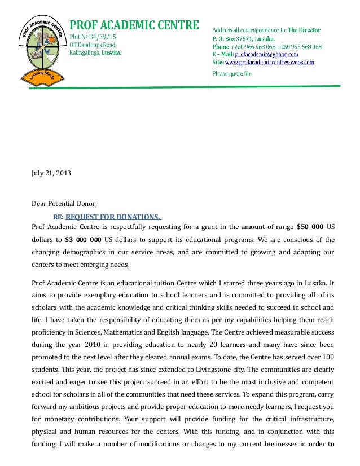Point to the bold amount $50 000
310,227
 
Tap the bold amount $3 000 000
84,239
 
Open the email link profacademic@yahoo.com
258,54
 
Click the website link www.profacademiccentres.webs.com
270,63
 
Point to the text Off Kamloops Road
93,44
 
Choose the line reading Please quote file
232,73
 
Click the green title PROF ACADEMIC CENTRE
134,25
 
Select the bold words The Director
305,29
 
